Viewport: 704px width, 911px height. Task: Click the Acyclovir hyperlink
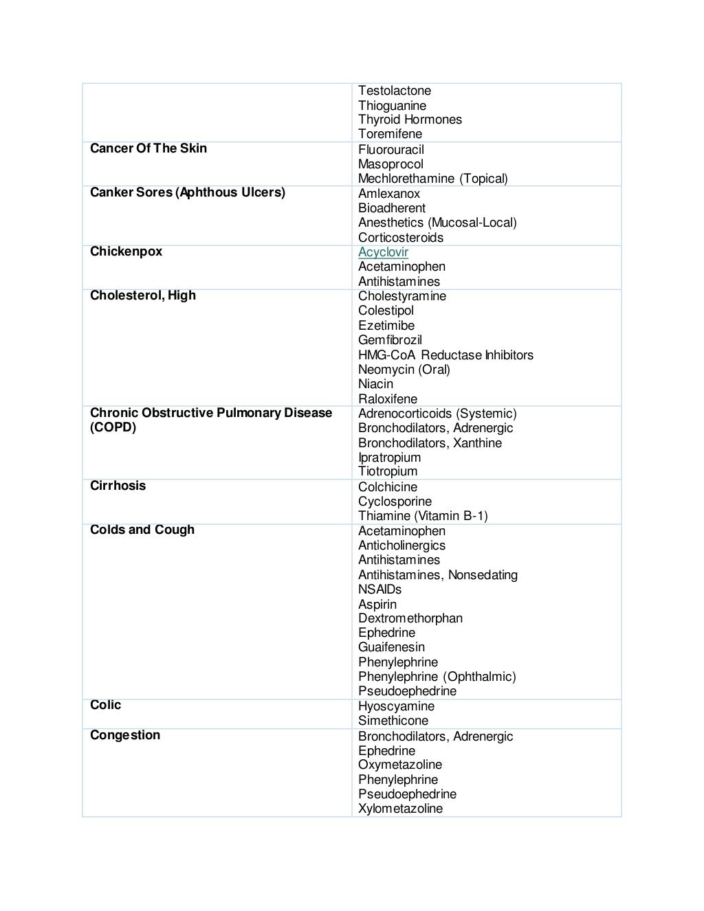(x=383, y=252)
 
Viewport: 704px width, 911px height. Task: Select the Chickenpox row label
(x=126, y=251)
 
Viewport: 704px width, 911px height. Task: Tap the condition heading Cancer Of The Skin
(x=148, y=148)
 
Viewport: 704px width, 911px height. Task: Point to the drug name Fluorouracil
(x=390, y=150)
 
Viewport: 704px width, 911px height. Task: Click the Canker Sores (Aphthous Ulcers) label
(x=187, y=192)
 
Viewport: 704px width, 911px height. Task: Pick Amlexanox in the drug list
(x=388, y=194)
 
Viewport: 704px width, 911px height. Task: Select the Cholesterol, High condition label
(x=142, y=295)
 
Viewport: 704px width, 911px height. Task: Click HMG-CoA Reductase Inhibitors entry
(x=445, y=355)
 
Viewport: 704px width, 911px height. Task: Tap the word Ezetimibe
(x=386, y=326)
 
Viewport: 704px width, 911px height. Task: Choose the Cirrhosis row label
(x=118, y=486)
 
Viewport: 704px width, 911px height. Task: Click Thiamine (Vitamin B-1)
(x=422, y=516)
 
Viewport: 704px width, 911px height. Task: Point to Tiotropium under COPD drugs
(x=387, y=471)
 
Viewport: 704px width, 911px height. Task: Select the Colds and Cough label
(x=142, y=530)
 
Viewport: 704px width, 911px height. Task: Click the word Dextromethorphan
(x=410, y=618)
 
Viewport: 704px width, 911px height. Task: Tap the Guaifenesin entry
(x=391, y=647)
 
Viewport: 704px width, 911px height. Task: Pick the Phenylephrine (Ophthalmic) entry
(x=437, y=677)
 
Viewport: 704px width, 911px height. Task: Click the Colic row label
(x=105, y=705)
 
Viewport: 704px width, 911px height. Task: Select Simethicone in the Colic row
(x=393, y=721)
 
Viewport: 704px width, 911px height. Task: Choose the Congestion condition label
(x=124, y=735)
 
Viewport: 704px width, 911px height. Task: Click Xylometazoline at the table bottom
(x=400, y=809)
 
